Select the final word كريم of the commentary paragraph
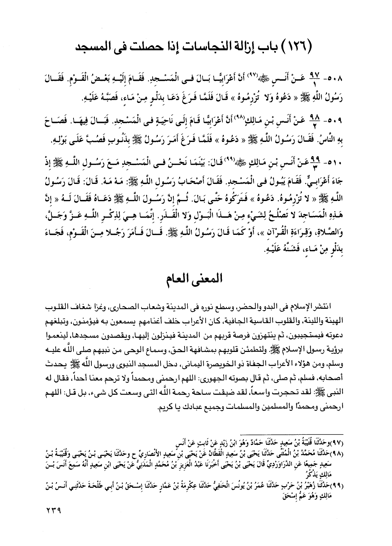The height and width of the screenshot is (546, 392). [x=164, y=408]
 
